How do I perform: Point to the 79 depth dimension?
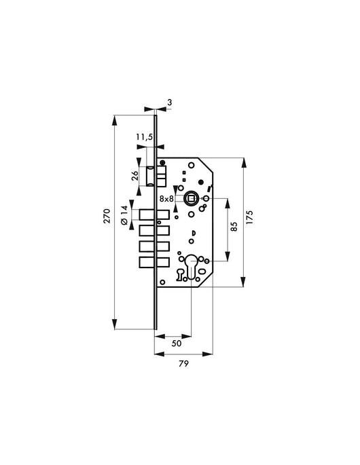pyautogui.click(x=183, y=363)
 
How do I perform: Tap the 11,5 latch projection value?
pyautogui.click(x=143, y=137)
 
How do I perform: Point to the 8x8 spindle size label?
pyautogui.click(x=166, y=198)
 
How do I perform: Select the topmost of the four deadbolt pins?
pyautogui.click(x=154, y=216)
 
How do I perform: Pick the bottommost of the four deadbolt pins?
pyautogui.click(x=154, y=263)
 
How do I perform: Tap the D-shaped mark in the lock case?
pyautogui.click(x=193, y=235)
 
